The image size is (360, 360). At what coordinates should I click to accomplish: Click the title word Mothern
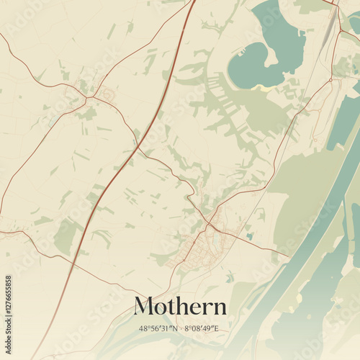180,306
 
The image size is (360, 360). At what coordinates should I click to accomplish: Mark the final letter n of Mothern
220,307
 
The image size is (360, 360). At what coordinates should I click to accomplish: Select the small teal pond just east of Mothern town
249,235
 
